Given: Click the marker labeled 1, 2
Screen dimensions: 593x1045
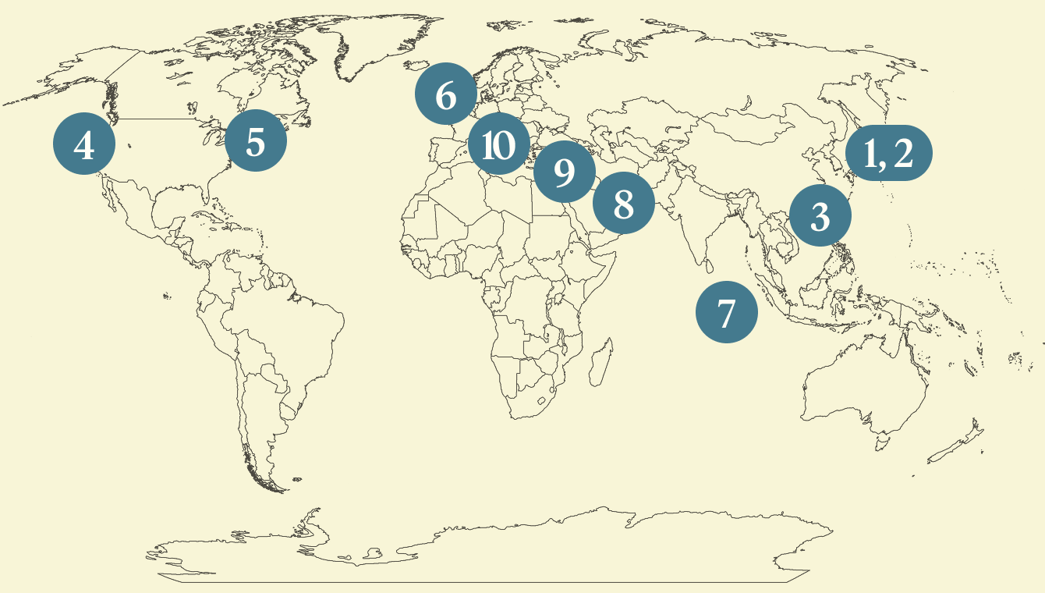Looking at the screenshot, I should click(889, 153).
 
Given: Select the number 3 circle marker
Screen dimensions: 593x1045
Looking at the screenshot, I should click(820, 216).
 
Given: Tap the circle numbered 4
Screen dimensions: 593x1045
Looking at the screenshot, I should click(84, 144).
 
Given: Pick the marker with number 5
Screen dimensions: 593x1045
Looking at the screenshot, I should click(256, 142).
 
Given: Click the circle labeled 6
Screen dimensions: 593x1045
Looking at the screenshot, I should click(446, 95).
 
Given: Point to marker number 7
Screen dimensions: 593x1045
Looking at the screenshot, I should click(726, 312).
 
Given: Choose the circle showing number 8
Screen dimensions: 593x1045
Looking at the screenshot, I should click(623, 204).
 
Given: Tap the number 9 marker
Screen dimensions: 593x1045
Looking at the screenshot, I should click(564, 172).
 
